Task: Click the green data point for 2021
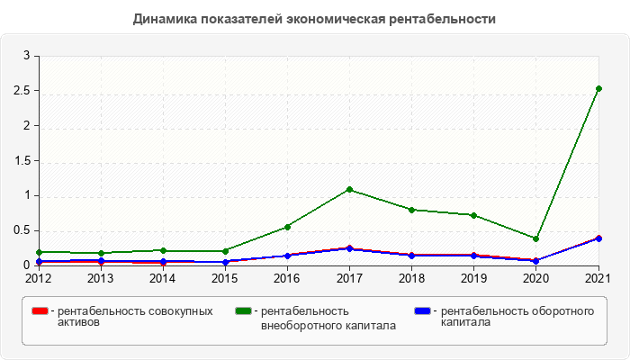coord(598,88)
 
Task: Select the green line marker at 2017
coord(349,189)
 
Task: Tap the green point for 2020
coord(535,238)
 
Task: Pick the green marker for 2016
coord(287,227)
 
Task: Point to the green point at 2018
coord(411,210)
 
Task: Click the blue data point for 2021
coord(598,238)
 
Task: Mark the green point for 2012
coord(39,252)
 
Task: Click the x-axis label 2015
coord(225,278)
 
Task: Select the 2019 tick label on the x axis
coord(473,278)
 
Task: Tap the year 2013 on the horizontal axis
coord(101,278)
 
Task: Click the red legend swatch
coord(40,311)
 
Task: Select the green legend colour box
coord(242,311)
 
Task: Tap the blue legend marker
coord(422,311)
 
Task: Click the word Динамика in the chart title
coord(163,18)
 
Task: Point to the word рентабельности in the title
coord(447,18)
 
